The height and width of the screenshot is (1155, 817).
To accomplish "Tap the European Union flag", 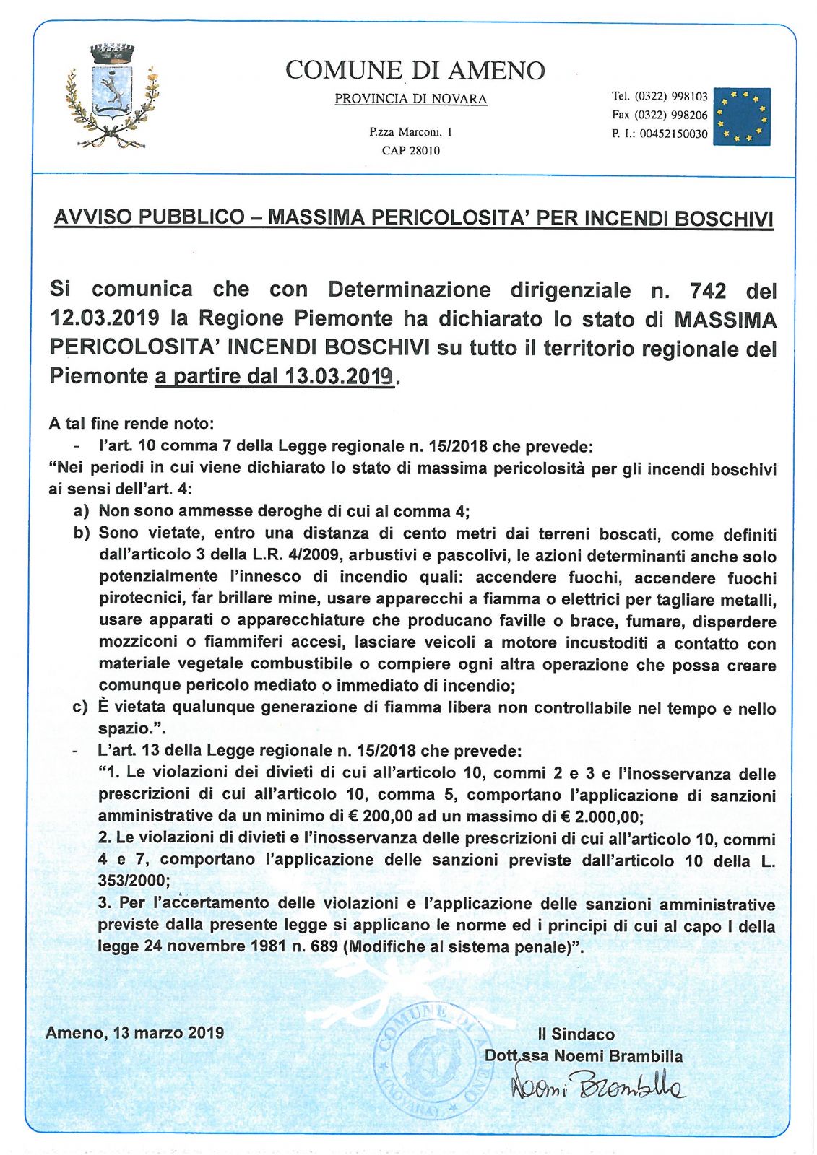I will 742,116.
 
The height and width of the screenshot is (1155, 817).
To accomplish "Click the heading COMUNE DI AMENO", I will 415,70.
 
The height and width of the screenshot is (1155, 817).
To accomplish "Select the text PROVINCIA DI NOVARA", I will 410,99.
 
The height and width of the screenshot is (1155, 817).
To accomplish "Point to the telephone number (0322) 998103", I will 671,96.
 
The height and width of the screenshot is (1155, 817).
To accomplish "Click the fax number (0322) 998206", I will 671,115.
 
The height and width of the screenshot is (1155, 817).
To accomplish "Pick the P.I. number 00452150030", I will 673,134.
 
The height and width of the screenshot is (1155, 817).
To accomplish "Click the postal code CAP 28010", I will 410,151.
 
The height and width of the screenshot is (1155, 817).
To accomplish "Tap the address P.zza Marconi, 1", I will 410,132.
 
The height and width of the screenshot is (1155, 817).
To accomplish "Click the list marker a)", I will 81,512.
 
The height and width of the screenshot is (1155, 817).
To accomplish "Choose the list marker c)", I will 80,707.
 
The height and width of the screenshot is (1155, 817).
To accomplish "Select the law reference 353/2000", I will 134,881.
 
